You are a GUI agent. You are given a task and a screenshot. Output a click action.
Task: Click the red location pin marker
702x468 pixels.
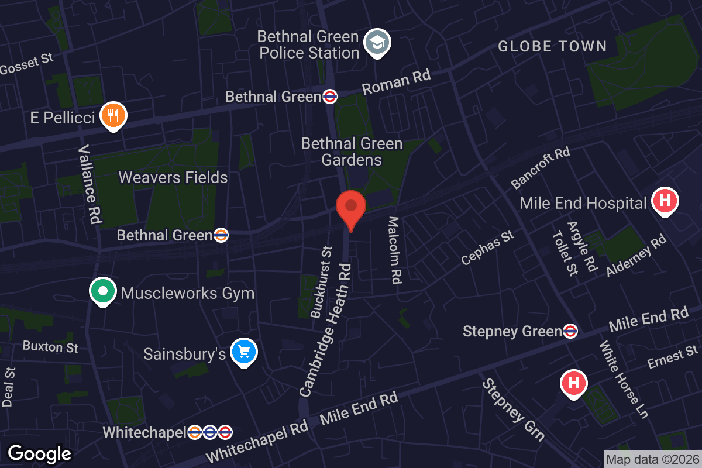tap(351, 208)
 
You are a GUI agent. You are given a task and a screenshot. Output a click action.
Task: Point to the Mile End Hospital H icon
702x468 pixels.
tap(665, 201)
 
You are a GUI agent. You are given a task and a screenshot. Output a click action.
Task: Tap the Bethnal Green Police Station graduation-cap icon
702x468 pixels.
tap(378, 42)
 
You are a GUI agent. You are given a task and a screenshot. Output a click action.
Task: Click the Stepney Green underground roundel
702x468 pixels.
tap(571, 332)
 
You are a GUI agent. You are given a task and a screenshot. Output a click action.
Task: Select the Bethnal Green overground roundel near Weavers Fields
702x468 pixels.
tap(221, 235)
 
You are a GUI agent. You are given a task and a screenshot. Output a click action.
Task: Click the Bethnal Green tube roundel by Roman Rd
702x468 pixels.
tap(331, 97)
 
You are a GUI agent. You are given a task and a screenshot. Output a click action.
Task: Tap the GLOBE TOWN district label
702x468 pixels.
tap(552, 46)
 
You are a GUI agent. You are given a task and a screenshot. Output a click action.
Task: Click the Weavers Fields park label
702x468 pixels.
tap(173, 177)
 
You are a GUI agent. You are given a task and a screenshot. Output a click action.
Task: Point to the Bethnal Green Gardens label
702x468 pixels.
tap(352, 152)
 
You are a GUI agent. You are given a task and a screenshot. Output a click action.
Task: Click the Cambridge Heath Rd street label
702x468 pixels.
tap(326, 329)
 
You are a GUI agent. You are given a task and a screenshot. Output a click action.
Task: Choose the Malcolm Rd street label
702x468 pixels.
tap(395, 250)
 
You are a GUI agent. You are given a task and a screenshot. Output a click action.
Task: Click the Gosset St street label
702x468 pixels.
tap(27, 64)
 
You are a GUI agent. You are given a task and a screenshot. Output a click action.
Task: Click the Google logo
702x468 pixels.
tap(39, 453)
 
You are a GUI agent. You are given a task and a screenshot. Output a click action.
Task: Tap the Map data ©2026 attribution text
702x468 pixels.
tap(652, 460)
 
